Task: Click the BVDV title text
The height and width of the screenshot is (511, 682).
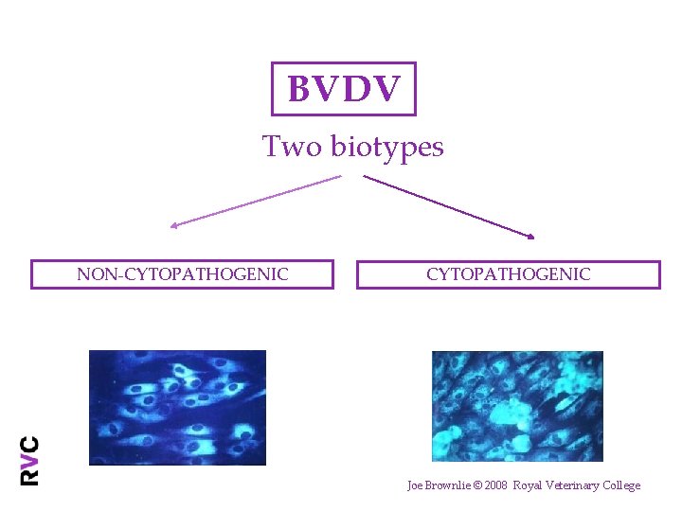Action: pyautogui.click(x=344, y=90)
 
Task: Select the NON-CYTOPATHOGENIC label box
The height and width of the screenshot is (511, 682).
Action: pyautogui.click(x=182, y=274)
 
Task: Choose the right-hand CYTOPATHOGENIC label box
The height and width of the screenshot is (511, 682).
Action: pyautogui.click(x=508, y=274)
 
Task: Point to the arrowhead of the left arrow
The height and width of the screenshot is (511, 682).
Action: pyautogui.click(x=173, y=225)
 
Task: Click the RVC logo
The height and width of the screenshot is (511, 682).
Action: pyautogui.click(x=30, y=460)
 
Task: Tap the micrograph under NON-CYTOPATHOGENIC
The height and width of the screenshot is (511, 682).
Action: pyautogui.click(x=177, y=407)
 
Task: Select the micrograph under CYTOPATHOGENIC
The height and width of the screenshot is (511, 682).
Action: pyautogui.click(x=517, y=406)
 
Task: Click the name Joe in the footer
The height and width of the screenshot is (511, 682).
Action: pyautogui.click(x=415, y=485)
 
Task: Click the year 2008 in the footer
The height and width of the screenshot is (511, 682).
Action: pyautogui.click(x=497, y=485)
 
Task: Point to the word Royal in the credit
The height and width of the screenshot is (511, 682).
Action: pyautogui.click(x=529, y=485)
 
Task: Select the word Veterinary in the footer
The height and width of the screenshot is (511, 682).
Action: pyautogui.click(x=571, y=485)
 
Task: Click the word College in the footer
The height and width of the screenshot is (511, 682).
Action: pyautogui.click(x=619, y=485)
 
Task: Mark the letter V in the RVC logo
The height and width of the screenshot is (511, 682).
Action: pyautogui.click(x=30, y=460)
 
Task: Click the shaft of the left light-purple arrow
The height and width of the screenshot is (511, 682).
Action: pyautogui.click(x=256, y=201)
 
